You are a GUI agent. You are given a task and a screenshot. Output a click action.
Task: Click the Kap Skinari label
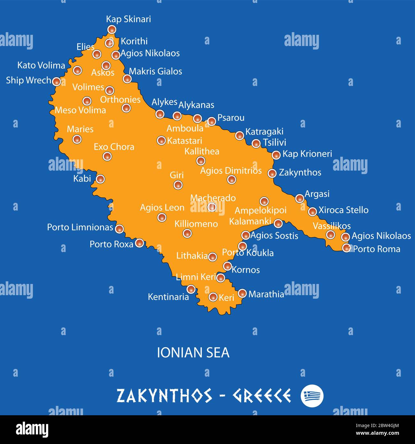point(128,19)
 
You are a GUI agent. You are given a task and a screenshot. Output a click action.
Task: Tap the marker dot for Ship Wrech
point(57,81)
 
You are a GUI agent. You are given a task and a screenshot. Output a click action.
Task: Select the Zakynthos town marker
point(272,173)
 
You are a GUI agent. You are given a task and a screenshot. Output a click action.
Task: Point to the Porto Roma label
point(376,249)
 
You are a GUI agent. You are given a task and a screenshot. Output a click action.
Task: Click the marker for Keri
point(213,297)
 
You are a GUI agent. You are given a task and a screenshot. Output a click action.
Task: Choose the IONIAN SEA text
point(193,353)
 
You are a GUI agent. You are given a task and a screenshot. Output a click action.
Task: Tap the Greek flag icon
point(312,396)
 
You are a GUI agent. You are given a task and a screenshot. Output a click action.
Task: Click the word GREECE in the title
point(261,396)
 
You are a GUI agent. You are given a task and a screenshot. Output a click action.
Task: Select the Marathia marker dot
point(242,293)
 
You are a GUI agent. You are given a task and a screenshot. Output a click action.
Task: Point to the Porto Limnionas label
point(80,227)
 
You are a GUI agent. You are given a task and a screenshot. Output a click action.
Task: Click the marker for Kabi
point(100,179)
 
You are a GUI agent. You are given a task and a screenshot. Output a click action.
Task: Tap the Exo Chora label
point(114,147)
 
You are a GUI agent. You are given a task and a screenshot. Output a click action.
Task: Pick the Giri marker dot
point(178,184)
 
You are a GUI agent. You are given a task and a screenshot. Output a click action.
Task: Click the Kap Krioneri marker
point(276,155)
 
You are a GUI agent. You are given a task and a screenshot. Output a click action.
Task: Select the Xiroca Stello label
point(343,210)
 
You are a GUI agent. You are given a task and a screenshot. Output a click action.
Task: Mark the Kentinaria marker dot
point(191,289)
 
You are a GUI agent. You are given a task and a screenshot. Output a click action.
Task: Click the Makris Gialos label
point(155,71)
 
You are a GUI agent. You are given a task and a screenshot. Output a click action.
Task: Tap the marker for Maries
point(77,139)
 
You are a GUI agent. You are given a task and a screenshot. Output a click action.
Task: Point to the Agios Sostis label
point(274,236)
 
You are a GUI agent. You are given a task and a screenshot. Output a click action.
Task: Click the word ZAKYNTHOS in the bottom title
point(164,396)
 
